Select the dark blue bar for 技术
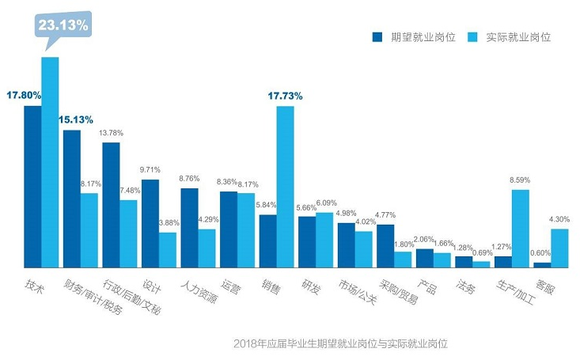pyautogui.click(x=32, y=186)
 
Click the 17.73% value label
pyautogui.click(x=285, y=96)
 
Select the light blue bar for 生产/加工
pyautogui.click(x=520, y=228)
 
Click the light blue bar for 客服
pyautogui.click(x=559, y=248)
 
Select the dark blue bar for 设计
pyautogui.click(x=150, y=223)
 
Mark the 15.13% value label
pyautogui.click(x=75, y=119)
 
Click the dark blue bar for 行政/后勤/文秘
pyautogui.click(x=111, y=205)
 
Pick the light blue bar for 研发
pyautogui.click(x=324, y=240)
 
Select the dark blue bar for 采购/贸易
pyautogui.click(x=385, y=246)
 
